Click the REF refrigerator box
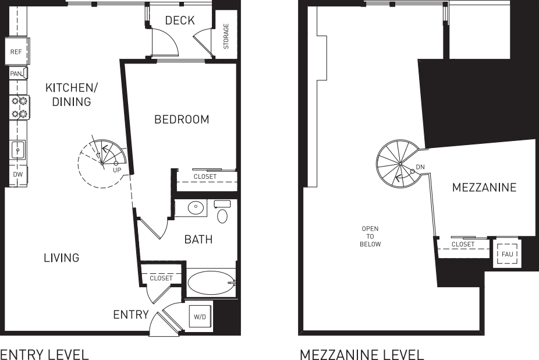(16, 52)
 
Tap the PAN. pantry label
(16, 74)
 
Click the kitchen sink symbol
(18, 150)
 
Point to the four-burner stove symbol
(20, 107)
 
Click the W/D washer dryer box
(200, 316)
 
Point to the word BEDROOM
(181, 119)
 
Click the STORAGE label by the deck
(226, 37)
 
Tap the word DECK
(179, 21)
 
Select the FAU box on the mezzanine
(506, 254)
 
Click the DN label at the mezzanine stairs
(420, 167)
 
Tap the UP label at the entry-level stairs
(116, 170)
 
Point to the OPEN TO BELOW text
(370, 237)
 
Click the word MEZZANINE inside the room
(484, 188)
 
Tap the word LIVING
(61, 257)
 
